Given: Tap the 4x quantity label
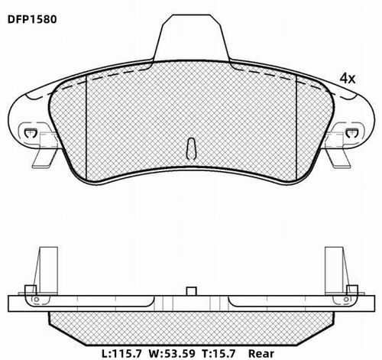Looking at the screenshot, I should pos(348,79).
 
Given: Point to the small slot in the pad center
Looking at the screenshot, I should pos(191,146).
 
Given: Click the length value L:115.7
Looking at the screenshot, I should pos(125,354).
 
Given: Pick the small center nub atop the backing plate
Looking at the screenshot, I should pos(191,290).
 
